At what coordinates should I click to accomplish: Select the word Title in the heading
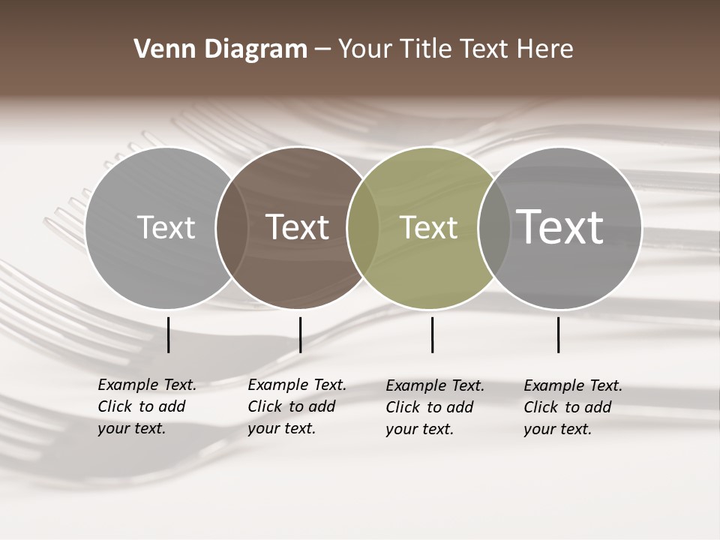pos(426,49)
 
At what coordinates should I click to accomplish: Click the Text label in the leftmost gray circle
pos(166,227)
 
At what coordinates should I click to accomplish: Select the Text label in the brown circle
pos(298,227)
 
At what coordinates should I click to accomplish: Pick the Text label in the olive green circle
pos(428,227)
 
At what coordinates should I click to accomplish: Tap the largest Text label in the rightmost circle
pos(560,226)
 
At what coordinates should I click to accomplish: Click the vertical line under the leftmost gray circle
pos(169,334)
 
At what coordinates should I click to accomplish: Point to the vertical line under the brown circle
pos(300,334)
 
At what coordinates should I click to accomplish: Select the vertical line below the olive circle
pos(432,334)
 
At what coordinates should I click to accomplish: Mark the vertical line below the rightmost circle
pos(558,334)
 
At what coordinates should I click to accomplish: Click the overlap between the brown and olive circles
pos(363,228)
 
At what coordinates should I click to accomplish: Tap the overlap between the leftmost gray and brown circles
pos(232,228)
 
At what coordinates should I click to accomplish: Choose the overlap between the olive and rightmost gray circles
pos(493,228)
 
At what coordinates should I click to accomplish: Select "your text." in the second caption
pos(281,428)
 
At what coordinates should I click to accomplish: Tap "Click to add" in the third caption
pos(430,407)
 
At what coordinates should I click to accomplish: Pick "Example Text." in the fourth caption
pos(573,385)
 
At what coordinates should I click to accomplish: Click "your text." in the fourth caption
pos(557,429)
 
